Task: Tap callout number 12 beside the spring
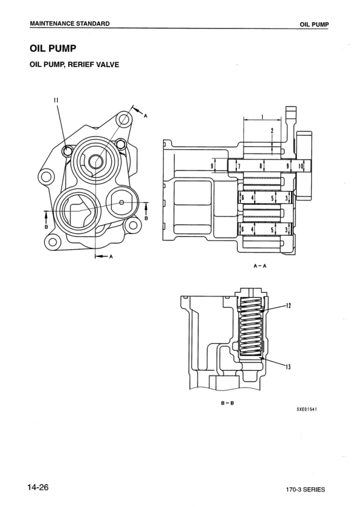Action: tap(289, 306)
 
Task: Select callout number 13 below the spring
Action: tap(289, 367)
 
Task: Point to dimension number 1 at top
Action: tap(262, 117)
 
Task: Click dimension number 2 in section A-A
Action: tap(272, 131)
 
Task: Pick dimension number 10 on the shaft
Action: tap(301, 165)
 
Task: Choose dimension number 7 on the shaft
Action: tap(239, 166)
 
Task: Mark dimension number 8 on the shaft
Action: tap(260, 165)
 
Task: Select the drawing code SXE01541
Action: tap(306, 408)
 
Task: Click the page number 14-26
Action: tap(37, 487)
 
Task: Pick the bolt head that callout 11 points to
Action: tap(68, 149)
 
